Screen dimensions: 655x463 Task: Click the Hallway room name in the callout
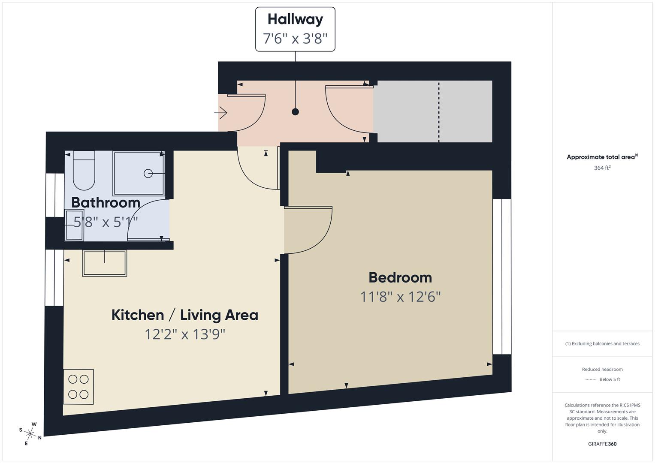click(x=295, y=20)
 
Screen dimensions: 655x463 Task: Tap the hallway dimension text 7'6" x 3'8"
click(x=295, y=38)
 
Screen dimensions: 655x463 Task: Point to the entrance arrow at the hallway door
click(x=220, y=113)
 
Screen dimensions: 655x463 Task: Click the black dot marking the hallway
click(x=296, y=111)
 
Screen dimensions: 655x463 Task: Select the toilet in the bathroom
click(x=84, y=171)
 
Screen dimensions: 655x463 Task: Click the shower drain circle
click(x=148, y=174)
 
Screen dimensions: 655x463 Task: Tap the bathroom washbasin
click(x=74, y=225)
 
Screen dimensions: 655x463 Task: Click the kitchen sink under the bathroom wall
click(x=104, y=263)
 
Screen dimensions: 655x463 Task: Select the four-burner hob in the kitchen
click(x=78, y=387)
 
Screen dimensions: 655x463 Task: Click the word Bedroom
click(x=400, y=277)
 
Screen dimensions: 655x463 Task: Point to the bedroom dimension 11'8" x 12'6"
click(x=400, y=297)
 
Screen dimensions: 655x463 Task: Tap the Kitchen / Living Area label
click(x=185, y=315)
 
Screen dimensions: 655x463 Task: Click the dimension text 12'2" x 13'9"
click(x=185, y=334)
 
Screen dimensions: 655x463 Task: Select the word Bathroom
click(x=106, y=202)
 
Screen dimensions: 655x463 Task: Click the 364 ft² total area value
click(x=602, y=168)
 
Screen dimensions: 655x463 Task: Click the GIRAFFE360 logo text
click(x=602, y=444)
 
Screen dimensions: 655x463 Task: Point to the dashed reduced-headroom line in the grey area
click(x=439, y=112)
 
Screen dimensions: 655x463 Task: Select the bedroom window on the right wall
click(x=502, y=277)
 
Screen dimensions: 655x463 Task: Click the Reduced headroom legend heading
click(x=602, y=369)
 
